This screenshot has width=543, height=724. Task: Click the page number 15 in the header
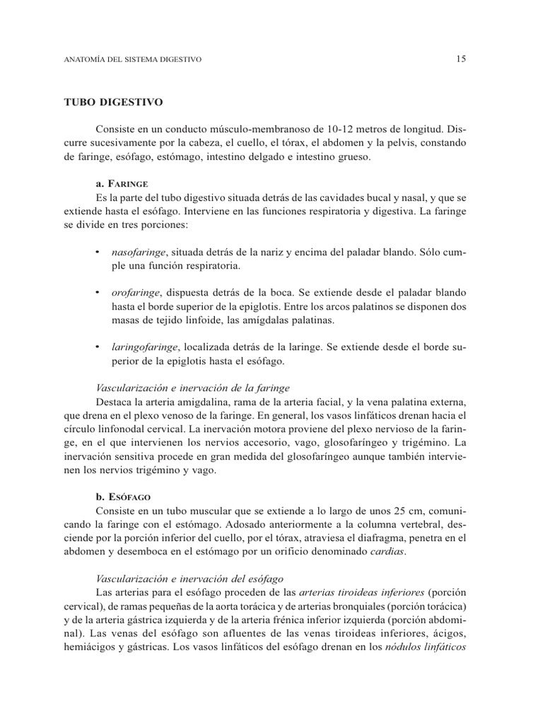[x=460, y=60]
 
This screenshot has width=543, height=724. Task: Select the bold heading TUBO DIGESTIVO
[x=114, y=103]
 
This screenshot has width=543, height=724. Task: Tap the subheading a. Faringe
[x=121, y=183]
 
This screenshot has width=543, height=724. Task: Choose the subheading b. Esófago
[x=122, y=497]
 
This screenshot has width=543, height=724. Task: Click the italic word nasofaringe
[x=139, y=252]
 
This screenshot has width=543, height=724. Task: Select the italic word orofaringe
[x=134, y=293]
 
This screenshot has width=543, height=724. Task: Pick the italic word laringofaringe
[x=145, y=347]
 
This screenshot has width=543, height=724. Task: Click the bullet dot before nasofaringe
[x=98, y=252]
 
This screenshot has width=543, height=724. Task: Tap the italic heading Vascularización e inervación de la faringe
[x=192, y=388]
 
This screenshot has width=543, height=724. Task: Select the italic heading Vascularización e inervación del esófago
[x=189, y=578]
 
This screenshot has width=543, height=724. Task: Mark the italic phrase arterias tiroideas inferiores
[x=361, y=592]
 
